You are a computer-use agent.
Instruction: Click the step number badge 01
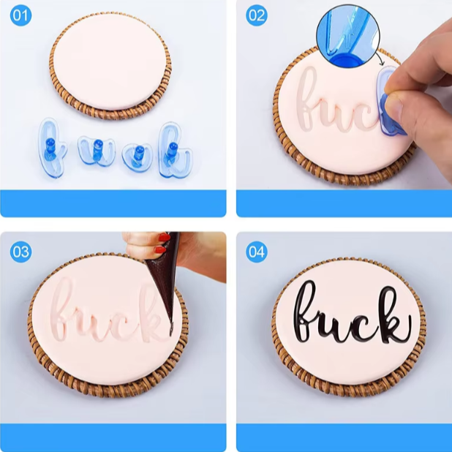(20, 15)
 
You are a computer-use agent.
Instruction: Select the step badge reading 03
(20, 252)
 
